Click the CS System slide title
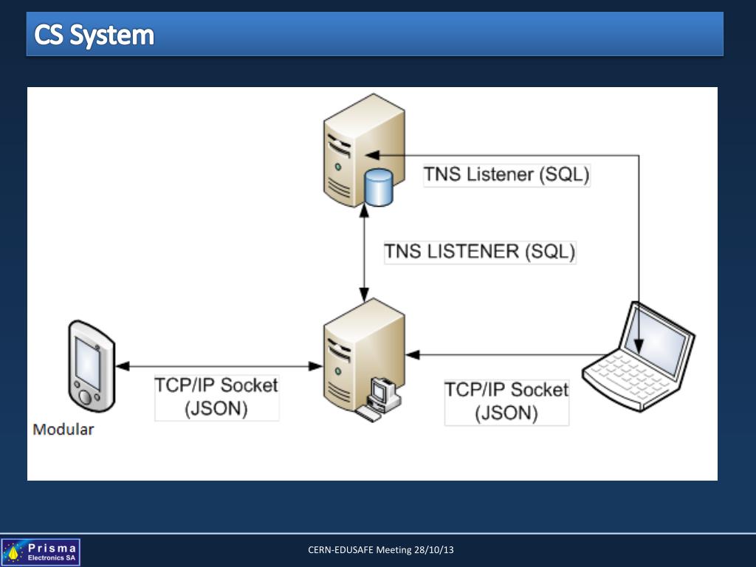[x=94, y=35]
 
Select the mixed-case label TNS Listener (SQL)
[x=506, y=175]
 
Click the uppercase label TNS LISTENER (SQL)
[x=479, y=251]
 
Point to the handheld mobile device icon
[x=91, y=365]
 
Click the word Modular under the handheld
[x=63, y=429]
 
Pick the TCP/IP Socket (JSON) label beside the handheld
[x=216, y=396]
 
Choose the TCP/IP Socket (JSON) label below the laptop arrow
[x=506, y=400]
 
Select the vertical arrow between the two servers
[x=363, y=251]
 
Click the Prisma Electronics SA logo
[x=41, y=551]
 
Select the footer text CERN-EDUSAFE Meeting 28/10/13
[x=381, y=550]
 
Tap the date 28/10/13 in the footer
[x=434, y=550]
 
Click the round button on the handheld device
[x=86, y=397]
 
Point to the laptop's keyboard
[x=625, y=373]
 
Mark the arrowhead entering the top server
[x=372, y=155]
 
